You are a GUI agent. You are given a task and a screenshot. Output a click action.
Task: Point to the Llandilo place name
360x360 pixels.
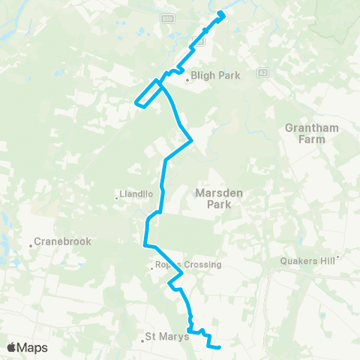[x=136, y=193]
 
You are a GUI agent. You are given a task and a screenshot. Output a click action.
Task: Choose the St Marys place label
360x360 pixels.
[x=164, y=337]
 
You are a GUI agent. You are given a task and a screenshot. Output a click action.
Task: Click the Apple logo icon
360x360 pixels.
[x=11, y=347]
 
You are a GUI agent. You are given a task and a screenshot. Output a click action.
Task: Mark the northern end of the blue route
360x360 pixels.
[x=221, y=14]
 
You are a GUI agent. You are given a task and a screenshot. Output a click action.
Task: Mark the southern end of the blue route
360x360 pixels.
[x=220, y=347]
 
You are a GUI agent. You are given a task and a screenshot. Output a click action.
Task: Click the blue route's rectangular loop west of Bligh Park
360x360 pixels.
[x=147, y=95]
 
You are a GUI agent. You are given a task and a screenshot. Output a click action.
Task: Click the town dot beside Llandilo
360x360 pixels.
[x=117, y=198]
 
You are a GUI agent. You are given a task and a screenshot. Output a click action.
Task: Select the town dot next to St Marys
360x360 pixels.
[x=142, y=342]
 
